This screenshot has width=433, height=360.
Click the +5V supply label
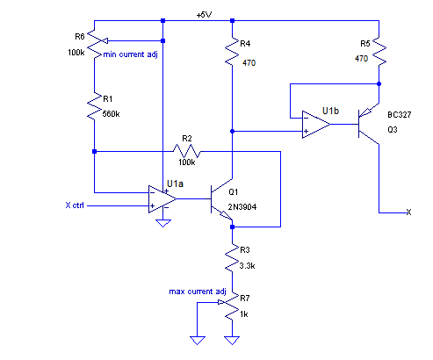(x=204, y=15)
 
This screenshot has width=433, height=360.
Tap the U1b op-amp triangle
(x=316, y=125)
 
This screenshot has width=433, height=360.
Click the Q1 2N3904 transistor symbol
(x=221, y=199)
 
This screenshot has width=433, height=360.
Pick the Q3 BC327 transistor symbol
(x=369, y=124)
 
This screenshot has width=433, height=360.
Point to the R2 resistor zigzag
(x=187, y=151)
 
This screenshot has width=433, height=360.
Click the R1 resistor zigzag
(x=94, y=106)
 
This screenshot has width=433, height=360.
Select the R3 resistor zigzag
(x=232, y=258)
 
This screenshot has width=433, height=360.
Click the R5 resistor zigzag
(x=379, y=51)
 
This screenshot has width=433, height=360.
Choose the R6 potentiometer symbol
(x=96, y=45)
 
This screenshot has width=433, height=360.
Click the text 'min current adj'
(x=130, y=54)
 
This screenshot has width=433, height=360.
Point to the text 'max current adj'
(x=198, y=292)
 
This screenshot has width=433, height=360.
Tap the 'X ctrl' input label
(x=75, y=205)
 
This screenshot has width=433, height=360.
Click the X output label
(x=408, y=212)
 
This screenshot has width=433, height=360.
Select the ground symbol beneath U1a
(x=163, y=223)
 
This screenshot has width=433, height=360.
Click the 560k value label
(x=111, y=114)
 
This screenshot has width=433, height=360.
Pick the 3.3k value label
(x=247, y=266)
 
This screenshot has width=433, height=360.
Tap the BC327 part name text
(x=400, y=115)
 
